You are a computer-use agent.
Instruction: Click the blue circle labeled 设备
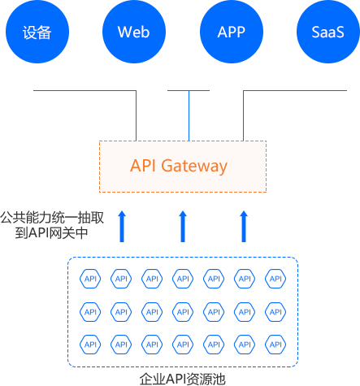pyautogui.click(x=37, y=32)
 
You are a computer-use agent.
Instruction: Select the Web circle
pyautogui.click(x=134, y=32)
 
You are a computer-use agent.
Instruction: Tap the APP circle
pyautogui.click(x=232, y=32)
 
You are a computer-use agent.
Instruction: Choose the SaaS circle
pyautogui.click(x=328, y=32)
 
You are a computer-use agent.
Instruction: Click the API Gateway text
pyautogui.click(x=179, y=166)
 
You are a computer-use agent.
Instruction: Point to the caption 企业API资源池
pyautogui.click(x=183, y=379)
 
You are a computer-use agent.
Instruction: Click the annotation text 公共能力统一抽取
pyautogui.click(x=52, y=218)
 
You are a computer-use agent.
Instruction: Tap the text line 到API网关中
pyautogui.click(x=51, y=232)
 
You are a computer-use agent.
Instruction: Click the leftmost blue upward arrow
pyautogui.click(x=122, y=227)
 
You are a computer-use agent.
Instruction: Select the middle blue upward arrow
pyautogui.click(x=183, y=227)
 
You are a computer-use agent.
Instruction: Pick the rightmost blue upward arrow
pyautogui.click(x=244, y=227)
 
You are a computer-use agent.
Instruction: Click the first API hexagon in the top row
pyautogui.click(x=90, y=279)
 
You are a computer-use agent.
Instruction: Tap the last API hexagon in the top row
pyautogui.click(x=275, y=279)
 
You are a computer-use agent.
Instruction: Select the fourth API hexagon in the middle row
pyautogui.click(x=183, y=312)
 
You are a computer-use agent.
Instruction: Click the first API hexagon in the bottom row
pyautogui.click(x=90, y=345)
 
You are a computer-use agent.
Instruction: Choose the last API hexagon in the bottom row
pyautogui.click(x=275, y=345)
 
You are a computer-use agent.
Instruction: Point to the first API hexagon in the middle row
pyautogui.click(x=90, y=312)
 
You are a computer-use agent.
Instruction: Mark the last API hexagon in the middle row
pyautogui.click(x=275, y=312)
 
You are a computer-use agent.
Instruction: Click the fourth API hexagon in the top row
pyautogui.click(x=183, y=279)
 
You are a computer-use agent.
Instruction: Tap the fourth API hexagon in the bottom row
pyautogui.click(x=183, y=345)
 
